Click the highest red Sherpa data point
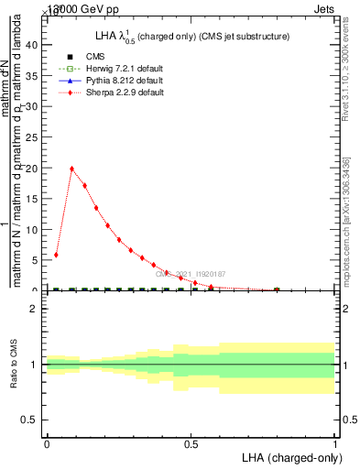click(x=71, y=169)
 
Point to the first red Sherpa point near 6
click(x=57, y=255)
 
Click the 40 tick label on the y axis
click(x=31, y=45)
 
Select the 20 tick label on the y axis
click(x=31, y=169)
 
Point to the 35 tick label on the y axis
click(x=31, y=76)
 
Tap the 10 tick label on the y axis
click(x=31, y=230)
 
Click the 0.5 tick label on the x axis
click(x=191, y=444)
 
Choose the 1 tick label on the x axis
click(x=335, y=444)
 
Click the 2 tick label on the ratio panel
click(x=34, y=309)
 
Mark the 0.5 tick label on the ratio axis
click(x=29, y=420)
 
